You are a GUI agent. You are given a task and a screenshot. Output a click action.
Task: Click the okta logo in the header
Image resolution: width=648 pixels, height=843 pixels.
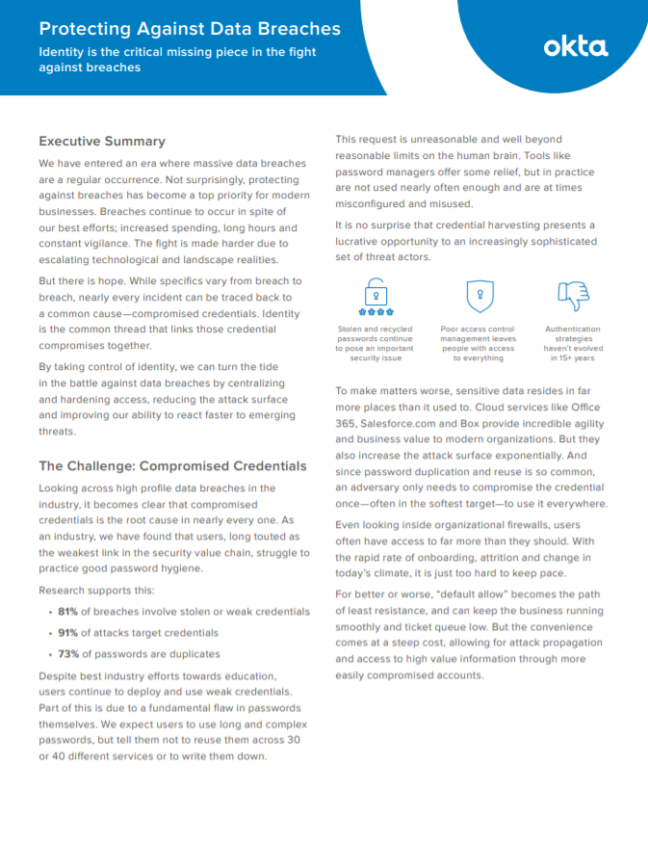[x=575, y=45]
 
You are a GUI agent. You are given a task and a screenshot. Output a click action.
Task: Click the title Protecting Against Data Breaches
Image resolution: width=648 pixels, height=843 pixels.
[x=189, y=29]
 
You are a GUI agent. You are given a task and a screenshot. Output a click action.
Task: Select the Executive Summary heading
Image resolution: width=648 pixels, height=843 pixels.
[x=102, y=141]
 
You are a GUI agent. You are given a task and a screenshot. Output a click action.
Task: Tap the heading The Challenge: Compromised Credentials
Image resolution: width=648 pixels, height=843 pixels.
[x=172, y=465]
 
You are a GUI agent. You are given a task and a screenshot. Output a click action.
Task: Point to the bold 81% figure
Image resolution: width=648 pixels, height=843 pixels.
[x=66, y=612]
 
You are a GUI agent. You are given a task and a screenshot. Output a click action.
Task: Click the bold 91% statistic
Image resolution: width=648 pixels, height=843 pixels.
[x=66, y=633]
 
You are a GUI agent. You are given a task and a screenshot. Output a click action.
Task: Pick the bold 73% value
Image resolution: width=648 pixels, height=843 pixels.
[x=66, y=654]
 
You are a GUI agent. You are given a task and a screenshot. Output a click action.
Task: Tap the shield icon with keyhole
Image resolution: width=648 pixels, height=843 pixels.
[x=479, y=296]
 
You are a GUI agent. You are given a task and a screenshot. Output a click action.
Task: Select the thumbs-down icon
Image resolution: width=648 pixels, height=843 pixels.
[x=573, y=295]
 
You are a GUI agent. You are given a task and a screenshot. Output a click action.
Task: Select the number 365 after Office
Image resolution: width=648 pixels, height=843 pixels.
[x=346, y=424]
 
